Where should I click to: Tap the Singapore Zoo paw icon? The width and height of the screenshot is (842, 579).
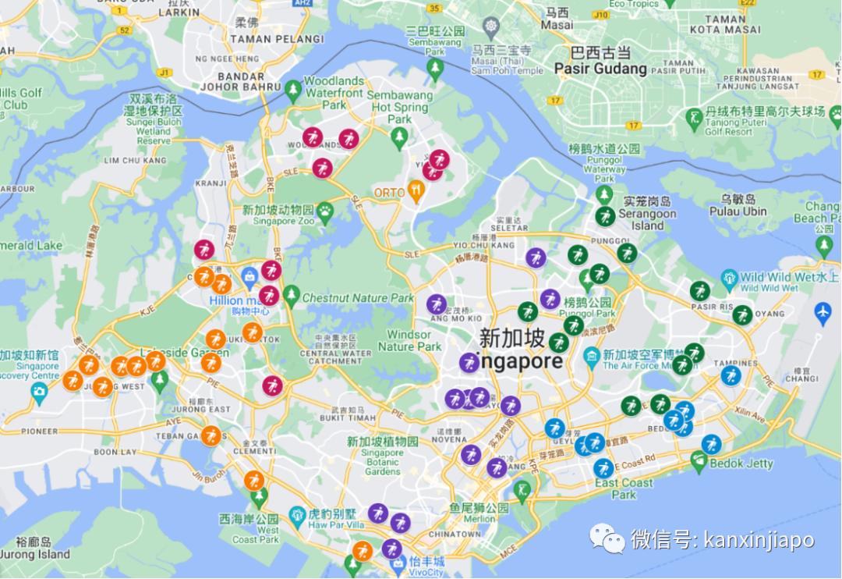(325, 209)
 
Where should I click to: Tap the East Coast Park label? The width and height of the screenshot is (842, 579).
(624, 488)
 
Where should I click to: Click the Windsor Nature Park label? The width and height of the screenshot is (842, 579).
(415, 340)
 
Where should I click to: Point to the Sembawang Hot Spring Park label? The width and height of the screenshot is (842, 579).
(401, 108)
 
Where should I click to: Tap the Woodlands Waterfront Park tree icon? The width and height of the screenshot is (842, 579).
(293, 90)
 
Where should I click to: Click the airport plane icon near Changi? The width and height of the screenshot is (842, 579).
(823, 312)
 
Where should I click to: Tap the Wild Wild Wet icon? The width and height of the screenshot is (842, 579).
(729, 278)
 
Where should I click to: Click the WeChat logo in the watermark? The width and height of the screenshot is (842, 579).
(607, 538)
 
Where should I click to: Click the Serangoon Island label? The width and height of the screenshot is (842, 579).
(647, 219)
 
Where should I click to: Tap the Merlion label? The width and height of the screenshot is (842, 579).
(479, 518)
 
